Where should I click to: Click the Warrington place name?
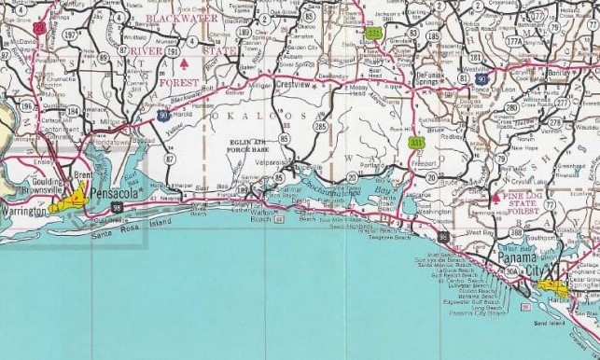click(25, 213)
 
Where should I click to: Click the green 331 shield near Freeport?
click(417, 142)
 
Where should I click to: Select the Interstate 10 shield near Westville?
click(480, 79)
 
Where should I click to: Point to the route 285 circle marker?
click(321, 125)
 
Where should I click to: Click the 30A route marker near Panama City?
click(511, 271)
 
